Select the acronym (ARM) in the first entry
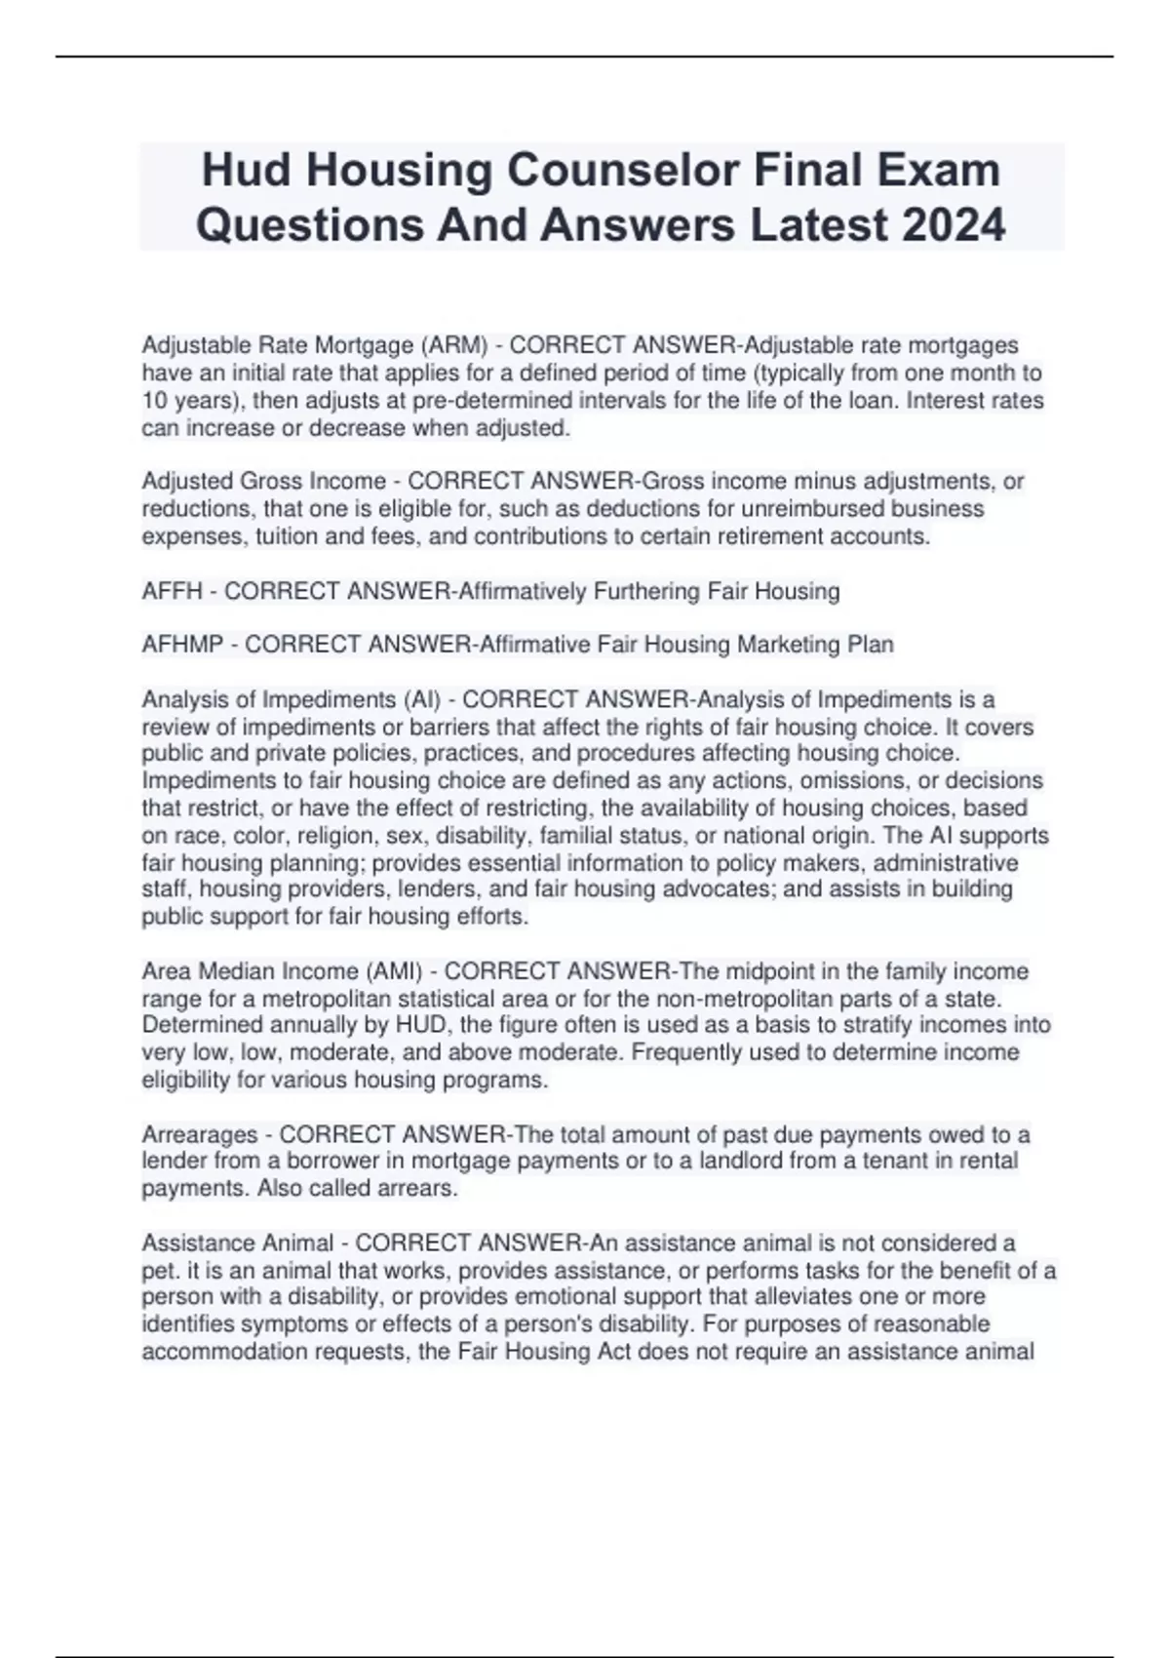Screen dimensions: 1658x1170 pos(453,345)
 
